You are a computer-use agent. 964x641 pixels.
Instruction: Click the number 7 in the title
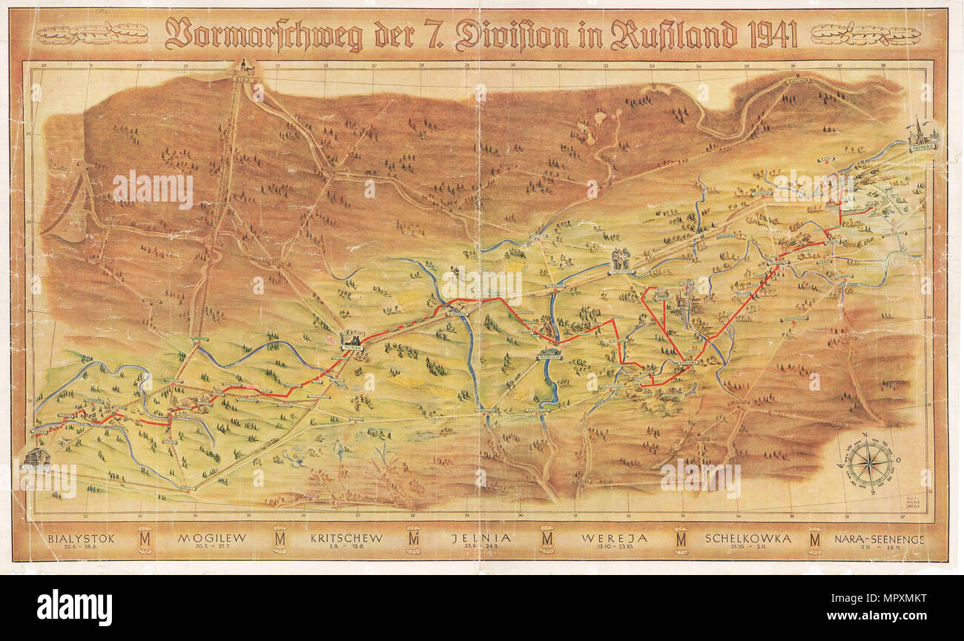434,35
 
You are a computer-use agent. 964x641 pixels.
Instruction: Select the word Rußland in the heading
674,35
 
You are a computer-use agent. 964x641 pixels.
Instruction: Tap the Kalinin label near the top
797,81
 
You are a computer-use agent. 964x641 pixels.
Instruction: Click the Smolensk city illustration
621,262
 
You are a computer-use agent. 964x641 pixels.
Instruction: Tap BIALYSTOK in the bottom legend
80,539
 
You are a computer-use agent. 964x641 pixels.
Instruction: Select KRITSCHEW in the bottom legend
346,539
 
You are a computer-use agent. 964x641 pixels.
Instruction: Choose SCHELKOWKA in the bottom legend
748,539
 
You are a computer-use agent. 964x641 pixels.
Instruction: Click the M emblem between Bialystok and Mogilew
145,539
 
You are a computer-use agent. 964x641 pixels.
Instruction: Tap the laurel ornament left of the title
93,34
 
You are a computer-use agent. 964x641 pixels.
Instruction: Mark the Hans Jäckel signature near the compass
913,503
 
